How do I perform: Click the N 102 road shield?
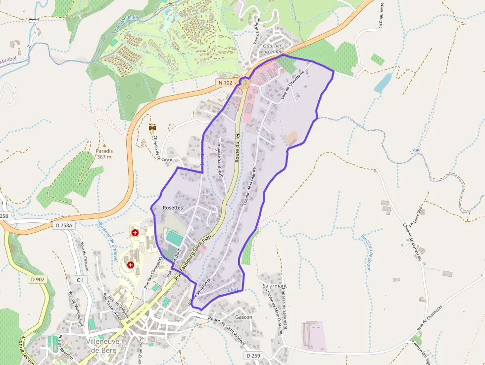pyautogui.click(x=225, y=83)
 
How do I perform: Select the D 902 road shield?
pyautogui.click(x=37, y=280)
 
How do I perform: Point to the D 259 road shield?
pyautogui.click(x=252, y=356)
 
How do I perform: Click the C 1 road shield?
pyautogui.click(x=80, y=280)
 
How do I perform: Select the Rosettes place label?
pyautogui.click(x=173, y=208)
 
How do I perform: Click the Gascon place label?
pyautogui.click(x=244, y=317)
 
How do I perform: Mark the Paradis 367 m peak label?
pyautogui.click(x=104, y=154)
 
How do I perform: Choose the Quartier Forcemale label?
pyautogui.click(x=273, y=48)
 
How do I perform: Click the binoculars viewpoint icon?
pyautogui.click(x=152, y=127)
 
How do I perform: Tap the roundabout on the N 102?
pyautogui.click(x=243, y=82)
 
